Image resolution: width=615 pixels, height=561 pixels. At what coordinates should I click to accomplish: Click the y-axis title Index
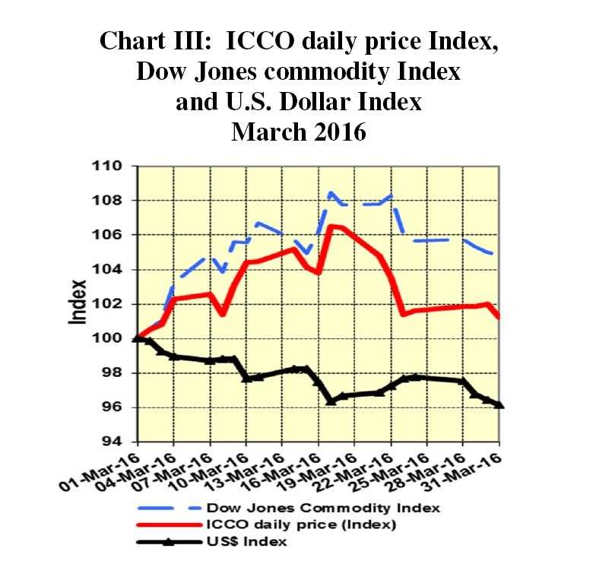point(78,303)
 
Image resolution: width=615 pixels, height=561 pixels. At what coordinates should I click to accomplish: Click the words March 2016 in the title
point(299,132)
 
